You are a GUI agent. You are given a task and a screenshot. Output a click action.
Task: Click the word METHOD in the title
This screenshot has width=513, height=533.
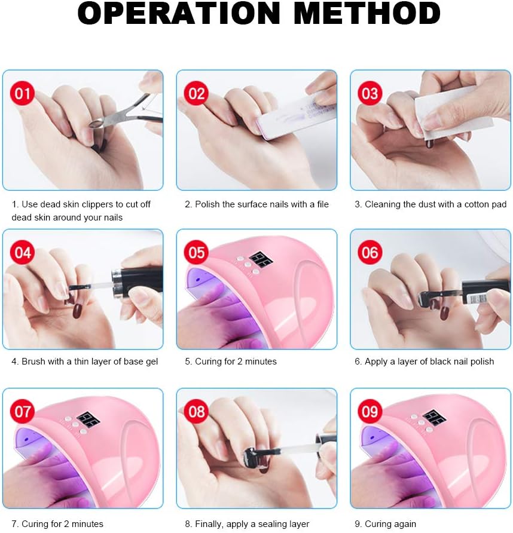pos(367,13)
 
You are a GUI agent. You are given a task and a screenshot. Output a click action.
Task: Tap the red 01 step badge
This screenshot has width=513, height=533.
pos(23,93)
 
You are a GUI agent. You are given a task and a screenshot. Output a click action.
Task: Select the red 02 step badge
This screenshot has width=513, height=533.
pos(196,93)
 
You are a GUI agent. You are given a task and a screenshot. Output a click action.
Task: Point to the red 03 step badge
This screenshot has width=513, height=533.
pos(370,93)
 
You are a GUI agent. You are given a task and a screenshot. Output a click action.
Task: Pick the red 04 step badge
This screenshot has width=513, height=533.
pos(23,252)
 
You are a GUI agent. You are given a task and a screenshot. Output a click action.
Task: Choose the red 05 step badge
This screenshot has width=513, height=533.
pos(196,252)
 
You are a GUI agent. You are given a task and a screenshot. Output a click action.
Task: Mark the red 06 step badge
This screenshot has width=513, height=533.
pos(370,252)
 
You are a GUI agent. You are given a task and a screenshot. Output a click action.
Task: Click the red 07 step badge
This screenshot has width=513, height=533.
pos(23,411)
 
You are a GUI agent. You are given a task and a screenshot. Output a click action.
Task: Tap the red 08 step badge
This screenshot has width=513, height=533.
pos(196,411)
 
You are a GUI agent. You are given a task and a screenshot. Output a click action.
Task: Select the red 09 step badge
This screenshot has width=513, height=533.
pos(370,411)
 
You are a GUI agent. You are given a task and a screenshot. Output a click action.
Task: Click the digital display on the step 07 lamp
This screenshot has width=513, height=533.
pos(88,420)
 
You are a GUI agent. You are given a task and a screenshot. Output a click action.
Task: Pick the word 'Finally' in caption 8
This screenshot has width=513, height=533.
pos(209,524)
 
